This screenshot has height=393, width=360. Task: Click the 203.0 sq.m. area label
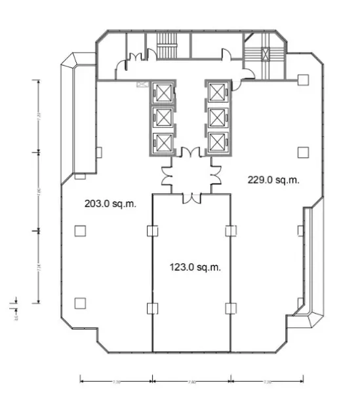[110, 204]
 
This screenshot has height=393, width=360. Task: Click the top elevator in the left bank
[161, 93]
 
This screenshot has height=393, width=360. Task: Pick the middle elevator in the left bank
[161, 117]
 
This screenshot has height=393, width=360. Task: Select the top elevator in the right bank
[217, 93]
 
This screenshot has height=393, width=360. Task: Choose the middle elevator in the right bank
[217, 117]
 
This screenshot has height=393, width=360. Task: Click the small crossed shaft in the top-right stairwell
[266, 55]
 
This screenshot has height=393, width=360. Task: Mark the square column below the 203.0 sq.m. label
[80, 231]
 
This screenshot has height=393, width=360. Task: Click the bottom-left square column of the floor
[80, 303]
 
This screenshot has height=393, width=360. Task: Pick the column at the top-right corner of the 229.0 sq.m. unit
[302, 80]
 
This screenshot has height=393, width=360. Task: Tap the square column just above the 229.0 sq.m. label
[302, 152]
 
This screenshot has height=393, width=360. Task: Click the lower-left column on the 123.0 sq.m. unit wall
[153, 308]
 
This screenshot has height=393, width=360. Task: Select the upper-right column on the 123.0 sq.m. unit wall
[229, 231]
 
